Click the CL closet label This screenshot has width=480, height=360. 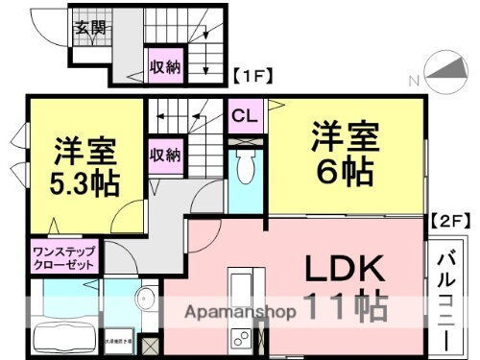click(x=244, y=116)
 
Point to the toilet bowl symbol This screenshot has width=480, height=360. click(x=245, y=169)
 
